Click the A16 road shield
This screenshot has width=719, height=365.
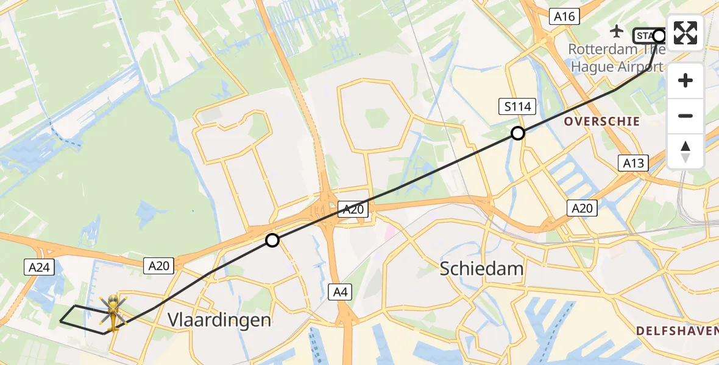tap(564, 16)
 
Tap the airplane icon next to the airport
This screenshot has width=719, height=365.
tap(617, 30)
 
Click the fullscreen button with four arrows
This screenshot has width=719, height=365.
tap(685, 33)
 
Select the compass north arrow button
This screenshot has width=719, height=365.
tap(685, 151)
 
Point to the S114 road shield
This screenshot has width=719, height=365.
tap(517, 107)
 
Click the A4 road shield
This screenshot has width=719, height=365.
tap(341, 292)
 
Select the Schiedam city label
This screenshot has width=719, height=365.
tap(482, 268)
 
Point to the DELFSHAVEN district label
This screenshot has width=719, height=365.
tap(676, 331)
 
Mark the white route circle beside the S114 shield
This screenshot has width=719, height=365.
tap(517, 133)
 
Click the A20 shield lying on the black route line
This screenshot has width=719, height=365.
tap(353, 210)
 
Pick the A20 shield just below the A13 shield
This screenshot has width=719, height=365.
tap(581, 208)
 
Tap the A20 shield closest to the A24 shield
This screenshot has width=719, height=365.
tap(159, 265)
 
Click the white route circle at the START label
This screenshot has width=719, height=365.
tap(659, 36)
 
